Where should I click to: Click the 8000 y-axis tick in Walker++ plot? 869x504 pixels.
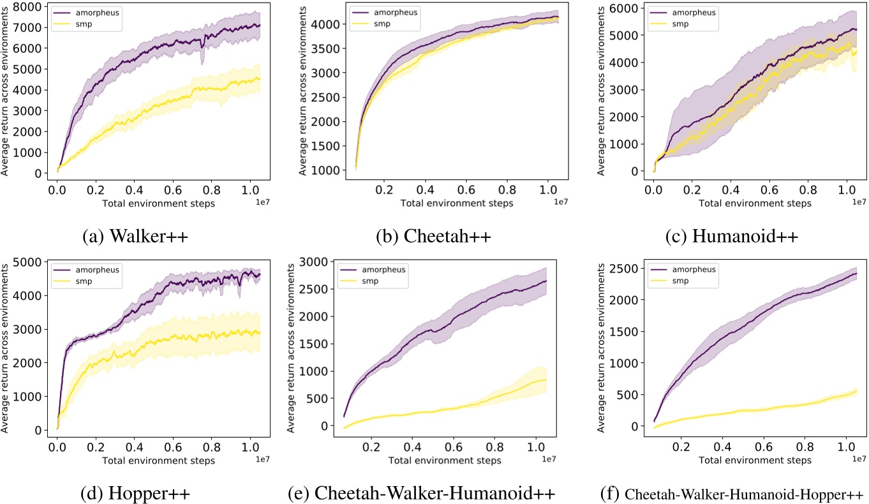tap(31, 7)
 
